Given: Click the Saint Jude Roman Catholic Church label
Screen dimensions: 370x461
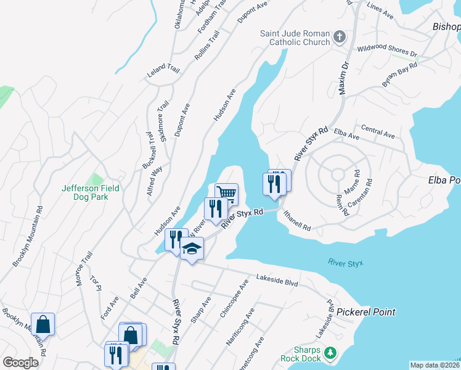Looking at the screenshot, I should click(295, 38).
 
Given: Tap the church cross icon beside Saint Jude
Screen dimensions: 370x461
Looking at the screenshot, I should click(338, 38).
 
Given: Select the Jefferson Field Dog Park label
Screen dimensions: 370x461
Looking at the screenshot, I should click(90, 192).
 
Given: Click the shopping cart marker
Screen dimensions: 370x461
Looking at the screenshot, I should click(226, 194).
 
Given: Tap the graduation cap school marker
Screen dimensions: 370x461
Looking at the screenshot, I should click(192, 249).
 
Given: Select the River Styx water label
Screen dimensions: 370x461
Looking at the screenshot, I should click(346, 264).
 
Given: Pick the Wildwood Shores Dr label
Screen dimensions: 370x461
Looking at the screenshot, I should click(387, 50).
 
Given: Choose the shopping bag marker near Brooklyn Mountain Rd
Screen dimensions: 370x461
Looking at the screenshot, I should click(43, 324).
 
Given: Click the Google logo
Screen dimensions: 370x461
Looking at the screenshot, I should click(20, 363).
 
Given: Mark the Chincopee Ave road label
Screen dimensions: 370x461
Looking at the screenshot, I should click(235, 298).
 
